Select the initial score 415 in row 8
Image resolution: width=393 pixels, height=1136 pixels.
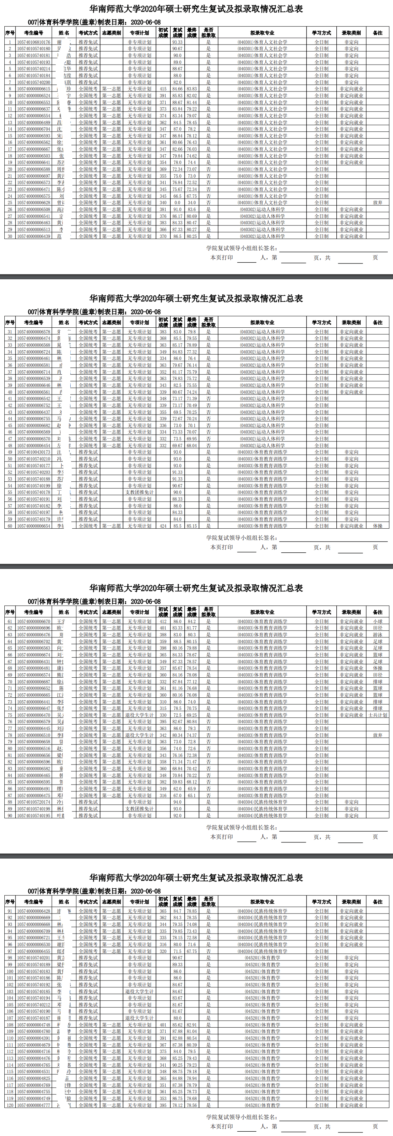point(163,89)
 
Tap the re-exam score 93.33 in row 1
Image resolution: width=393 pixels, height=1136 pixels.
point(177,42)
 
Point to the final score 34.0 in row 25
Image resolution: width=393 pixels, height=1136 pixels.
point(191,203)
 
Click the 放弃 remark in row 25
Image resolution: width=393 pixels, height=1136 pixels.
point(378,203)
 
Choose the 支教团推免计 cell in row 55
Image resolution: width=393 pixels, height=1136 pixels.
point(139,492)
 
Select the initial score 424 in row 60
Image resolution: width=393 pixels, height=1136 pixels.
point(163,526)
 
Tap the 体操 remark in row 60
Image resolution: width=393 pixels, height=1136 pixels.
point(378,526)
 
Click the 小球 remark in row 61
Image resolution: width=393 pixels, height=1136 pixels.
point(378,621)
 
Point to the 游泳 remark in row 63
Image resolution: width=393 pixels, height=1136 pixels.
point(378,635)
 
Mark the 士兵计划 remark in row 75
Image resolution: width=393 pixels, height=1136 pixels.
point(378,715)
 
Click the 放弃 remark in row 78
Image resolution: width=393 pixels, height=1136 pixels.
point(378,735)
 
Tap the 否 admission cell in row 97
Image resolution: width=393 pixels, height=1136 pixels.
point(208,951)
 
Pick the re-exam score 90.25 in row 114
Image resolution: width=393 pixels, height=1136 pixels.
point(177,1065)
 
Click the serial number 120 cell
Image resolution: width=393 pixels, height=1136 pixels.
point(10,1105)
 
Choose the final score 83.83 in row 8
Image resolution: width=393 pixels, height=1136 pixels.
point(191,89)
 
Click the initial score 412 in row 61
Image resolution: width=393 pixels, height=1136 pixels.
point(163,621)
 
